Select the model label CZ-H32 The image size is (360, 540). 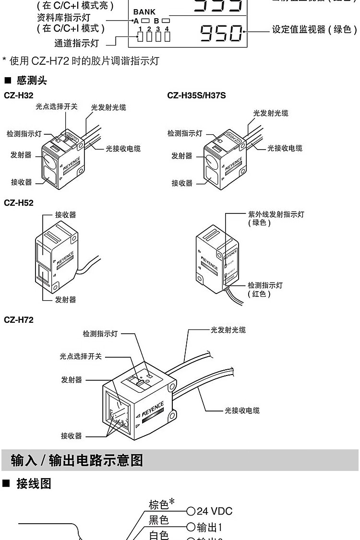tap(19, 96)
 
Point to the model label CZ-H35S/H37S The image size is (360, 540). tap(196, 96)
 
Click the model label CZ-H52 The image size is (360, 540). tap(19, 203)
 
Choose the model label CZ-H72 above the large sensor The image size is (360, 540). tap(19, 320)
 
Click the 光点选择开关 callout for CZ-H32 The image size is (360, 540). tap(57, 106)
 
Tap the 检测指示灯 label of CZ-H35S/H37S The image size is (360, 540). tap(185, 133)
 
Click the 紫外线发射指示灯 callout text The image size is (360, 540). tap(276, 214)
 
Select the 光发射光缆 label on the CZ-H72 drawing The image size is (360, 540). tap(228, 330)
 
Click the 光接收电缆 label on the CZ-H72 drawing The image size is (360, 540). tap(242, 411)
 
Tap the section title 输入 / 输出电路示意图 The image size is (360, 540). tap(77, 460)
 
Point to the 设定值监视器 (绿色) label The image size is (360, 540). tap(314, 30)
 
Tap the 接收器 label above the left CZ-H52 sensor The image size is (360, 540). tap(65, 214)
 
